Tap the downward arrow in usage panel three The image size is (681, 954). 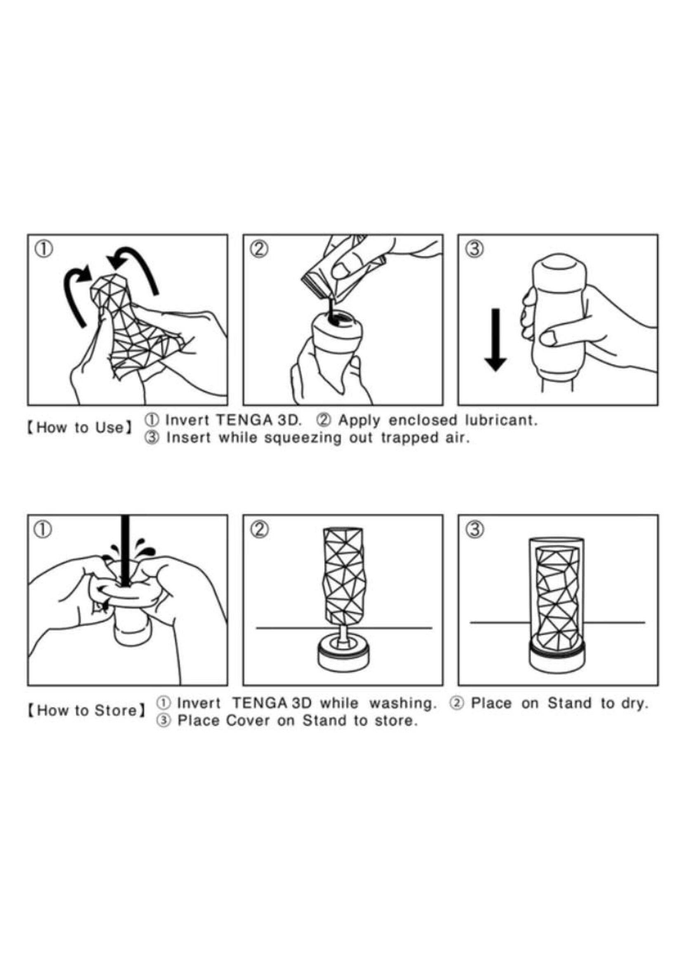click(495, 339)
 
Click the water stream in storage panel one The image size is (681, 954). click(125, 550)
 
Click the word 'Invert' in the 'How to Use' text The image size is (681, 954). click(187, 420)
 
